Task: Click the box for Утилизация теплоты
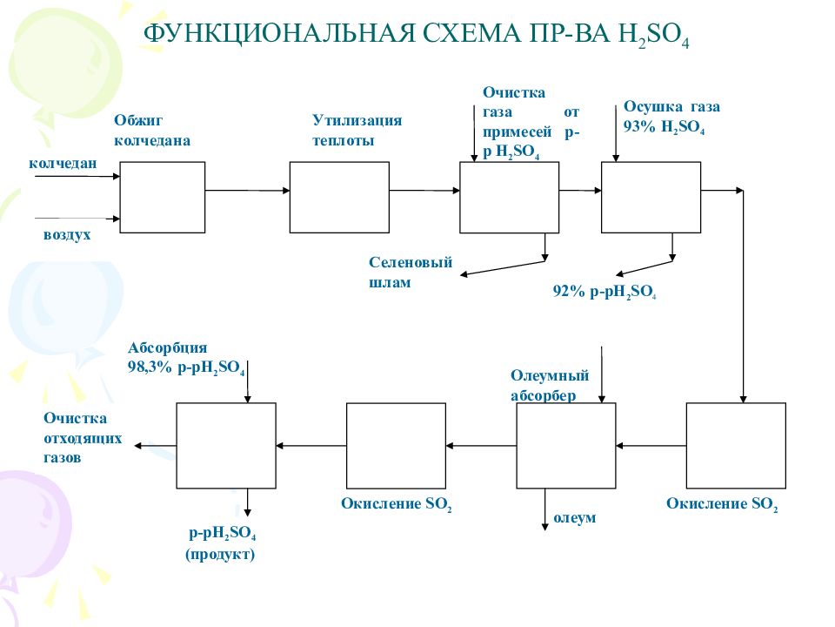pyautogui.click(x=338, y=198)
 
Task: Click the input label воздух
pyautogui.click(x=67, y=235)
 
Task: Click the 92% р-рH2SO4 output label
pyautogui.click(x=604, y=293)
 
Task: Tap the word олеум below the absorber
pyautogui.click(x=575, y=518)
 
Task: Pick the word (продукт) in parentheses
pyautogui.click(x=220, y=555)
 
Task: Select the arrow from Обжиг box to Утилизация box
pyautogui.click(x=247, y=191)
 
